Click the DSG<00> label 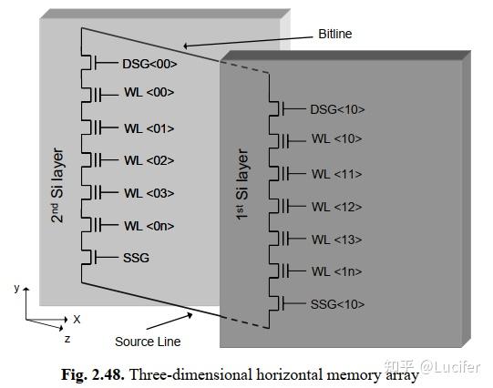[149, 64]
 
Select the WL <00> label [149, 92]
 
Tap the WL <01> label [149, 128]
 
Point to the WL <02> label [149, 160]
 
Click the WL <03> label [149, 192]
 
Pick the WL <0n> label [149, 225]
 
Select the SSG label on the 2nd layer [135, 258]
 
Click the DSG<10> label [337, 109]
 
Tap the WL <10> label [336, 138]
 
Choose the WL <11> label [336, 173]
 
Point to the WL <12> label [336, 206]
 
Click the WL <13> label [336, 239]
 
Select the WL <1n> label [336, 271]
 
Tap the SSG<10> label [337, 303]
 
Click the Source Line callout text [147, 342]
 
